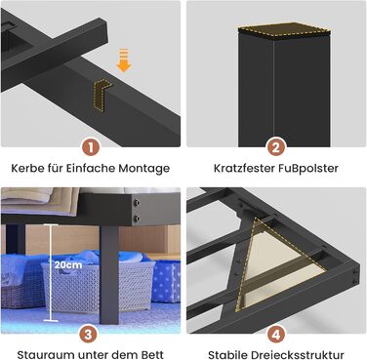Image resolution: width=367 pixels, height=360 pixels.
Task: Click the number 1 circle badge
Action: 91,148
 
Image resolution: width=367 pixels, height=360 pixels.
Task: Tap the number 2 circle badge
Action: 276,148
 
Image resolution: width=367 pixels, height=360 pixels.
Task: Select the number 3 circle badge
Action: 88,334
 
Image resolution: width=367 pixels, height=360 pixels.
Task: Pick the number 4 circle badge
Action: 276,334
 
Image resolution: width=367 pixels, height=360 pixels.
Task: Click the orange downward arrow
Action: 124,60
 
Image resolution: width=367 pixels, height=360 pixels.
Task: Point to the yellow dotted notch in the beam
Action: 102,95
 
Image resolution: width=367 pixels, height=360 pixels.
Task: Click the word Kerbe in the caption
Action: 27,168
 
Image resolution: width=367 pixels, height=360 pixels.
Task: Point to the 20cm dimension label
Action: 68,264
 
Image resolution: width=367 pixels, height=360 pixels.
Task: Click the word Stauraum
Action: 40,354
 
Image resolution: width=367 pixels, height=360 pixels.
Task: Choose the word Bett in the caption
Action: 152,354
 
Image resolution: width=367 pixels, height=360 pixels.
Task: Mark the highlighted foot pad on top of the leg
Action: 284,30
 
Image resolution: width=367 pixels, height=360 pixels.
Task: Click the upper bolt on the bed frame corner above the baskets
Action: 137,204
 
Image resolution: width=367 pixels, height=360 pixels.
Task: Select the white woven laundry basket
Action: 99,286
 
